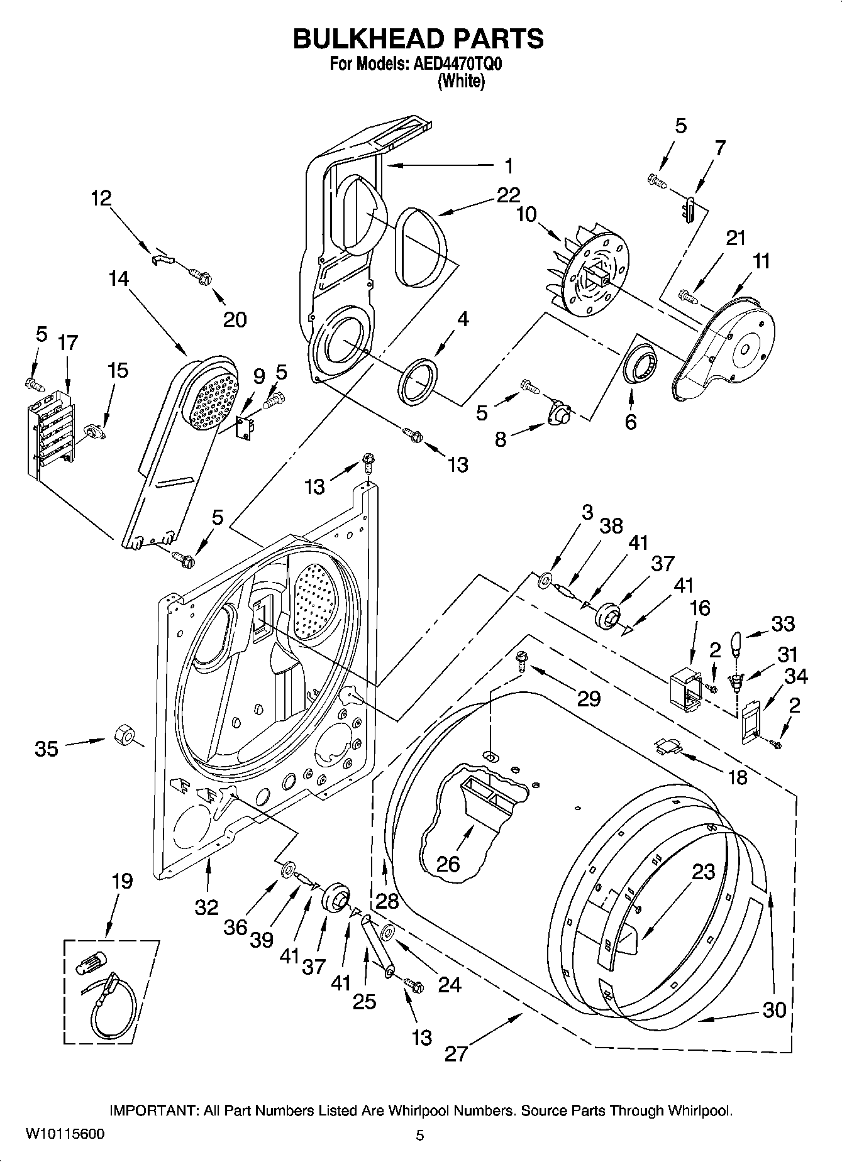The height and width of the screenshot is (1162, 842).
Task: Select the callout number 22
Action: tap(508, 195)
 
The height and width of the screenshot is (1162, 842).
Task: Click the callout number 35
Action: tap(47, 748)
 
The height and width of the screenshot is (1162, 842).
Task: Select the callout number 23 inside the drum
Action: tap(704, 872)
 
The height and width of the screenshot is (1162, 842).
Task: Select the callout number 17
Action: tap(67, 343)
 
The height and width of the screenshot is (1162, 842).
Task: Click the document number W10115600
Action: tap(65, 1133)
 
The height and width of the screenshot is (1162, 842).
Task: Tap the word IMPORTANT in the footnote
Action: tap(153, 1110)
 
